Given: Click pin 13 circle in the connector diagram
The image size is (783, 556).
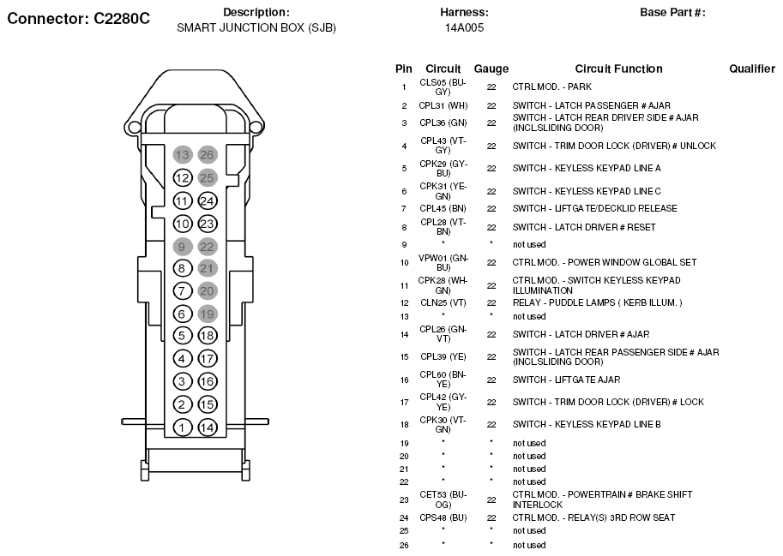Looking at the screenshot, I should [182, 155].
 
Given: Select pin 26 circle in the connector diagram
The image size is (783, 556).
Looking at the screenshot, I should [207, 155].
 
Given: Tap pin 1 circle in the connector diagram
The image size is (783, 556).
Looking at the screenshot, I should [182, 427].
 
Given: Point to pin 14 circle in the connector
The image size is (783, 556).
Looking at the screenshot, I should [207, 427].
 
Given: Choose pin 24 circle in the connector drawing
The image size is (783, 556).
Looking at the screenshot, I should [207, 201].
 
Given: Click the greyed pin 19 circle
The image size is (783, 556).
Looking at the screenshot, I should [207, 314].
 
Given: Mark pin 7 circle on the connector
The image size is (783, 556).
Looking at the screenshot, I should [182, 291].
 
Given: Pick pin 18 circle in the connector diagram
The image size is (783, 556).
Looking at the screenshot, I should [207, 336].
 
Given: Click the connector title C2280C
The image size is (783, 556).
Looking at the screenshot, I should [79, 19].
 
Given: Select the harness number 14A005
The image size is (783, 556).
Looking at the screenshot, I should [464, 27].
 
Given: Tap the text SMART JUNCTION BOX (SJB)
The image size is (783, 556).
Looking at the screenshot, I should [256, 27].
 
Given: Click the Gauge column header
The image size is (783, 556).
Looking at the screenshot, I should [491, 69].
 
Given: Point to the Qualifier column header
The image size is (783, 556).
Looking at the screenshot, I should [752, 69].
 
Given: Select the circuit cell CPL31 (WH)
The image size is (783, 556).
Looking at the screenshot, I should [443, 105].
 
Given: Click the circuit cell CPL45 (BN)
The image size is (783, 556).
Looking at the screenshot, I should [443, 208].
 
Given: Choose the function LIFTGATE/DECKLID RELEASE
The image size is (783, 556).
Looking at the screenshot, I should [594, 208].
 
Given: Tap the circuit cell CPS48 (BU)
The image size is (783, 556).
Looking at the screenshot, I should [443, 517].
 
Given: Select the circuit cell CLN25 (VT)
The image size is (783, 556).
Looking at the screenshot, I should [443, 302].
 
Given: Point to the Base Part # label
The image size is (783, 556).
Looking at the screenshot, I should [672, 13].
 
